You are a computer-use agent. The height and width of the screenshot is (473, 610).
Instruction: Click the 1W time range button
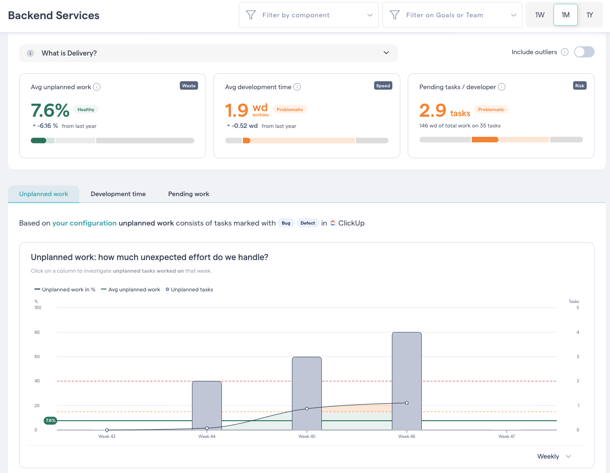[x=539, y=15]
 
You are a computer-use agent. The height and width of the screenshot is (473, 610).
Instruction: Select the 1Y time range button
[x=589, y=15]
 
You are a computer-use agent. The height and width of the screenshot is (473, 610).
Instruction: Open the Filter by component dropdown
[x=308, y=15]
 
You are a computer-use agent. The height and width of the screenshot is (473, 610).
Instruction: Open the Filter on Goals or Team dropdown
[x=452, y=15]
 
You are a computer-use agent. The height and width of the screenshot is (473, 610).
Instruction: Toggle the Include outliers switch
[x=584, y=52]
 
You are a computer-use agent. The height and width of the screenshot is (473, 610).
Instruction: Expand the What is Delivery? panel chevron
[x=386, y=53]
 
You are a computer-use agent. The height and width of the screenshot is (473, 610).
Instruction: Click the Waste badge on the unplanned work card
[x=189, y=85]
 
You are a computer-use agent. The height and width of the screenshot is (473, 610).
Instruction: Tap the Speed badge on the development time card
[x=383, y=85]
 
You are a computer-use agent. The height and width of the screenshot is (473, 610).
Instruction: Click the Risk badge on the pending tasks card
[x=579, y=85]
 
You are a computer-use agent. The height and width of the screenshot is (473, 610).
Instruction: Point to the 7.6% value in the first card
[x=50, y=111]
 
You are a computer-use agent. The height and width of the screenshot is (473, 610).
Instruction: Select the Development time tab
[x=118, y=194]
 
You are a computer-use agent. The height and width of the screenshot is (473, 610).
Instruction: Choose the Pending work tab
[x=189, y=194]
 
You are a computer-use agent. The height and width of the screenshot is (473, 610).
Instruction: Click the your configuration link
[x=85, y=223]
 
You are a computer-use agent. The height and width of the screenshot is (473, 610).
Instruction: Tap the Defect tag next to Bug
[x=307, y=223]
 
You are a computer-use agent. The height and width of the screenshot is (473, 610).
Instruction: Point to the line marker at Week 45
[x=307, y=409]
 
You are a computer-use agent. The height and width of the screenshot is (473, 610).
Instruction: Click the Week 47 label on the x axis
[x=506, y=437]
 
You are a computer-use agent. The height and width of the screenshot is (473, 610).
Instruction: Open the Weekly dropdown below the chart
[x=554, y=456]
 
